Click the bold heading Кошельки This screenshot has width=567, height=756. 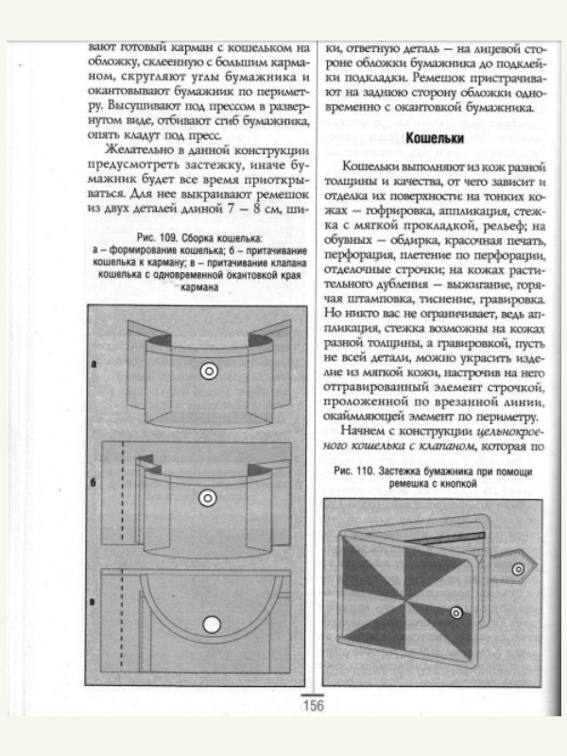434,139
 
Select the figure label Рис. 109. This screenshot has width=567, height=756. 152,236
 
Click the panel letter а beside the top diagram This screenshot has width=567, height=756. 94,363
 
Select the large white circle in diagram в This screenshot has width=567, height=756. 211,623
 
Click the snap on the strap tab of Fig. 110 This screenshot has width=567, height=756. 517,569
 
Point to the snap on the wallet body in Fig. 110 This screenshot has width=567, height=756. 456,613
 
